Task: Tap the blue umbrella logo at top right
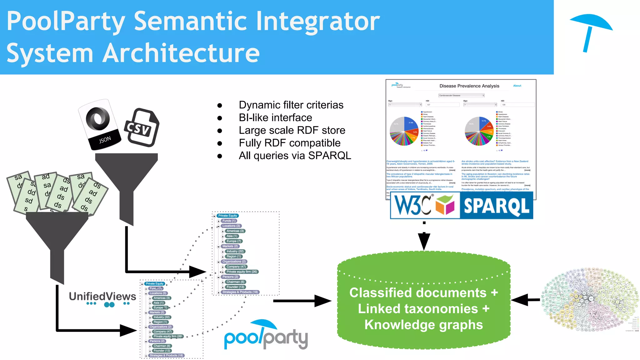pyautogui.click(x=591, y=31)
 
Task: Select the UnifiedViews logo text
pyautogui.click(x=102, y=296)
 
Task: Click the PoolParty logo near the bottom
pyautogui.click(x=266, y=336)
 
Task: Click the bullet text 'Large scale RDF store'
pyautogui.click(x=292, y=130)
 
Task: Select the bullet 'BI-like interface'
pyautogui.click(x=275, y=117)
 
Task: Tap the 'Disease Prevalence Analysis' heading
pyautogui.click(x=469, y=86)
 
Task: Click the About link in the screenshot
pyautogui.click(x=517, y=86)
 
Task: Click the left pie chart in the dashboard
pyautogui.click(x=404, y=131)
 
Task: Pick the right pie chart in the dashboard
pyautogui.click(x=479, y=131)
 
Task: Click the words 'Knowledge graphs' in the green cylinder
pyautogui.click(x=423, y=325)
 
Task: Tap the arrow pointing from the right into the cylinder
pyautogui.click(x=525, y=300)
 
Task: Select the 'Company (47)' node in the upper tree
pyautogui.click(x=236, y=267)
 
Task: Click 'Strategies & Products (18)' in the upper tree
pyautogui.click(x=240, y=292)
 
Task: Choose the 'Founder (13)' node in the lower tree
pyautogui.click(x=162, y=351)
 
